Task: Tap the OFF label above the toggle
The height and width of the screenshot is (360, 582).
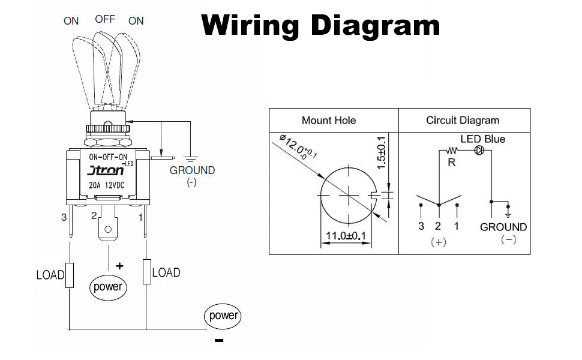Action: [x=105, y=19]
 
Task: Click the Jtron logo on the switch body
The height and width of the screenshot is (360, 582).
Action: [x=106, y=170]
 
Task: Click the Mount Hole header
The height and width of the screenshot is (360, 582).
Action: [x=329, y=121]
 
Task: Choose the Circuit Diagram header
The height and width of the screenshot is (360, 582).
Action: [x=463, y=121]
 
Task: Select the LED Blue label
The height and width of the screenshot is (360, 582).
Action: [x=482, y=139]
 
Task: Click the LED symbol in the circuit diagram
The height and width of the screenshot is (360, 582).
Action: [x=479, y=150]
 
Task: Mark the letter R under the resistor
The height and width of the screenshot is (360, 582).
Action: [x=452, y=162]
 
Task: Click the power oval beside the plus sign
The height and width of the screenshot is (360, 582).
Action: [x=108, y=286]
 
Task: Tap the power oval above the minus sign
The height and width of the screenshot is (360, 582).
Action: [x=222, y=316]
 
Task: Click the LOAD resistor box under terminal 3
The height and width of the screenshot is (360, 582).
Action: [x=70, y=275]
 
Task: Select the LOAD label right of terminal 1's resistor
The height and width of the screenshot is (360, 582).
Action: [x=166, y=272]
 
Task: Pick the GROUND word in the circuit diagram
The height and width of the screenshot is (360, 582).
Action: [x=503, y=227]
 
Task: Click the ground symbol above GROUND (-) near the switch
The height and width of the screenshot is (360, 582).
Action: [x=191, y=158]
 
